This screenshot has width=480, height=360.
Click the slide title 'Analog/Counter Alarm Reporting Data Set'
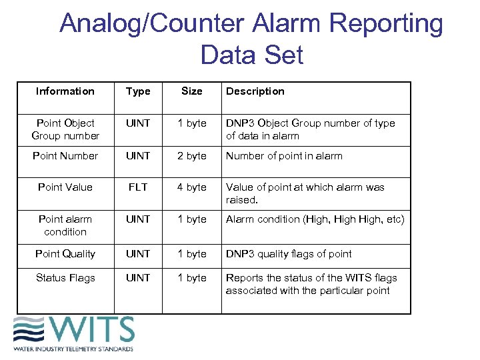point(251,39)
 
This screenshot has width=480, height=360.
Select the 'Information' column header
point(65,91)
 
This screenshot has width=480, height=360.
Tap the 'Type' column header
point(138,91)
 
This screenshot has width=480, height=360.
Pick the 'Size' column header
point(192,91)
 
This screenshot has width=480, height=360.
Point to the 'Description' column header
point(255,91)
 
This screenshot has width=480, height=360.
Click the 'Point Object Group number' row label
point(65,129)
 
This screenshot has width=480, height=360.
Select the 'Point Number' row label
point(65,156)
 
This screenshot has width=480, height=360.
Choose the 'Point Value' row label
point(65,187)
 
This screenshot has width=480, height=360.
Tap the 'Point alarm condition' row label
point(65,225)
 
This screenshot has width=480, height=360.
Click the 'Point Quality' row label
point(65,254)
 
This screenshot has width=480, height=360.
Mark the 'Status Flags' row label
point(65,278)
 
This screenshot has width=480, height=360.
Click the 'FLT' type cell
point(138,187)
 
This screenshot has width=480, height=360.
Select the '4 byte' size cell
point(192,187)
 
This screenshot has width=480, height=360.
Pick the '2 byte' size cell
point(192,156)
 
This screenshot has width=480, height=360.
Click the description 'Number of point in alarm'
point(284,156)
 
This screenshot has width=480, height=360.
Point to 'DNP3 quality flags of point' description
point(289,254)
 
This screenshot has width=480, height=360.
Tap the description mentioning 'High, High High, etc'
point(315,219)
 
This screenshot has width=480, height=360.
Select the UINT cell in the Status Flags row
point(138,278)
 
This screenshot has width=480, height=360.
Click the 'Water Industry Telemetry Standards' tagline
point(73,349)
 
